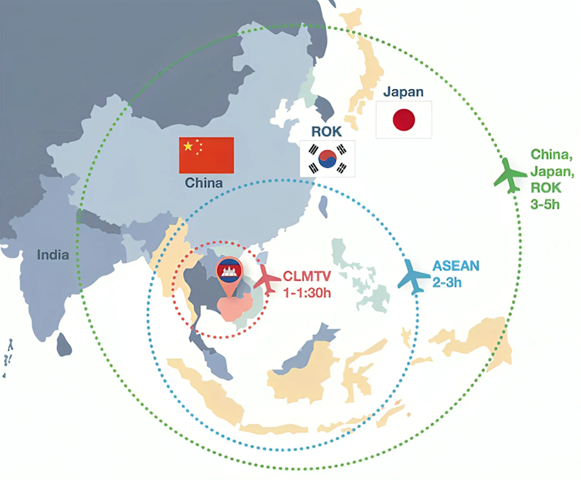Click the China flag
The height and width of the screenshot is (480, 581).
tap(206, 155)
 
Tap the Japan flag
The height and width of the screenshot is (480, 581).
tap(404, 120)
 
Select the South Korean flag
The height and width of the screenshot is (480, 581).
tap(327, 159)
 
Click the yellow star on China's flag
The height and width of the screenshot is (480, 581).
tap(188, 146)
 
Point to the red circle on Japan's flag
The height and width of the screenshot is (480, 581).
tap(404, 120)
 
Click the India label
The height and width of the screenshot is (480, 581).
tap(53, 255)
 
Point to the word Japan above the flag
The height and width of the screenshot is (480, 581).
tap(403, 92)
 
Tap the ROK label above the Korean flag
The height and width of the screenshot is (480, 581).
tap(327, 132)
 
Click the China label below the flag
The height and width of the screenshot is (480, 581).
tap(204, 183)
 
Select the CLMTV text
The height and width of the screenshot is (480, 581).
tap(307, 276)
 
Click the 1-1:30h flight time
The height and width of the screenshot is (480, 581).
tap(307, 293)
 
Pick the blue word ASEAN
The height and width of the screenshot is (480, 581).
tap(456, 266)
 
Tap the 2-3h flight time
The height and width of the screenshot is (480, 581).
tap(447, 282)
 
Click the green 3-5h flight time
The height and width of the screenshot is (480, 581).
tap(545, 204)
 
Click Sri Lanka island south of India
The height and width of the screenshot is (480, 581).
tap(64, 345)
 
